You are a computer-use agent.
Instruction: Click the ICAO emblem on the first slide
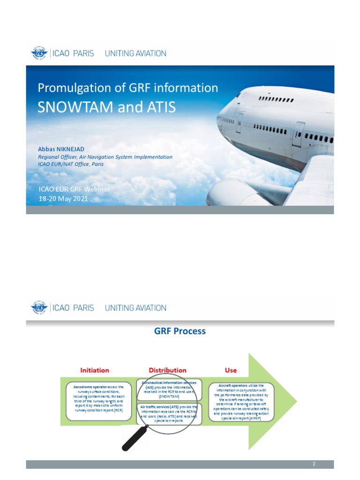point(39,53)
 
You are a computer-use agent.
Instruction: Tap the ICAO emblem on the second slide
point(39,308)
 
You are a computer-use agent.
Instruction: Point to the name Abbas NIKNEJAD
point(61,149)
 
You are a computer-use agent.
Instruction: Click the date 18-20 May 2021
point(63,198)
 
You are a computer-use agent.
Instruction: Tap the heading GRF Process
point(180,331)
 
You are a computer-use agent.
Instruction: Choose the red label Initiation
point(95,370)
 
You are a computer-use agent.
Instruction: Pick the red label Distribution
point(167,370)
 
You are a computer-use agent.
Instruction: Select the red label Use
point(231,370)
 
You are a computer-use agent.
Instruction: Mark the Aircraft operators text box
point(241,402)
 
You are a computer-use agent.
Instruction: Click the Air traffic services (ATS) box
point(169,414)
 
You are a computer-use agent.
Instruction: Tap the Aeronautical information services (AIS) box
point(169,390)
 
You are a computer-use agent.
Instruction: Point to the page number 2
point(314,464)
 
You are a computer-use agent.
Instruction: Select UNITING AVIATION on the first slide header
point(135,53)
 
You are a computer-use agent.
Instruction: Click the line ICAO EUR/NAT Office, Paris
point(71,164)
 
